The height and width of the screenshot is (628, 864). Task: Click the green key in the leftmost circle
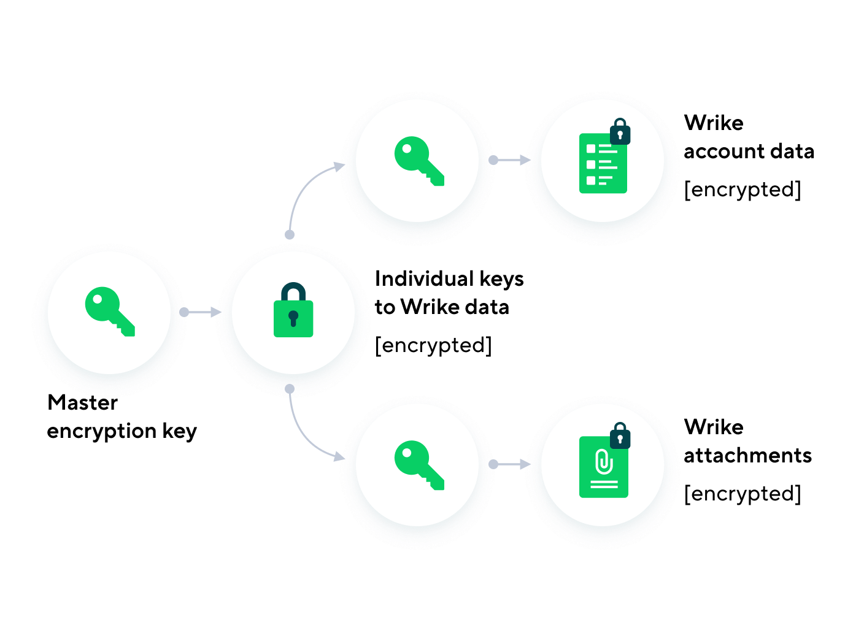(109, 310)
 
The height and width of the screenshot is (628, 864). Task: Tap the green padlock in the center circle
(293, 318)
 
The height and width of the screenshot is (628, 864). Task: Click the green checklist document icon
(603, 164)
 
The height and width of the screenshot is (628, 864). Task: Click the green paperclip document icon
(603, 467)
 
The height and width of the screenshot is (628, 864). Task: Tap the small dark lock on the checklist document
(620, 132)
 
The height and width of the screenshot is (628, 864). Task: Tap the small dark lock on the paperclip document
(620, 437)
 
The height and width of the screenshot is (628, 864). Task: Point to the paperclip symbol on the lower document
(604, 462)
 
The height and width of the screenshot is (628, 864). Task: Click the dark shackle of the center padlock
(293, 291)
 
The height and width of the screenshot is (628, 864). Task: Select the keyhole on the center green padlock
(293, 318)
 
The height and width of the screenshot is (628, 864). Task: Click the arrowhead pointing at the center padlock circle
(216, 312)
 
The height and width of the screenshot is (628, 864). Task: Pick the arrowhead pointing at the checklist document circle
(525, 160)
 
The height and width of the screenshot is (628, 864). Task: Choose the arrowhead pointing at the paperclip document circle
(525, 464)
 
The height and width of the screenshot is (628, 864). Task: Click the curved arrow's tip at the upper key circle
(339, 166)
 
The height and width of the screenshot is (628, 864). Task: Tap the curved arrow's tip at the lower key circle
(339, 457)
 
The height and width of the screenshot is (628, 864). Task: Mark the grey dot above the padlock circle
(290, 235)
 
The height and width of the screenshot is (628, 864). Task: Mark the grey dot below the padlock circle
(290, 389)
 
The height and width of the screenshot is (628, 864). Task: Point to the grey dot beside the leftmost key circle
(184, 312)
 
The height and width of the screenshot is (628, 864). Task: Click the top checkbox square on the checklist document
(591, 149)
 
